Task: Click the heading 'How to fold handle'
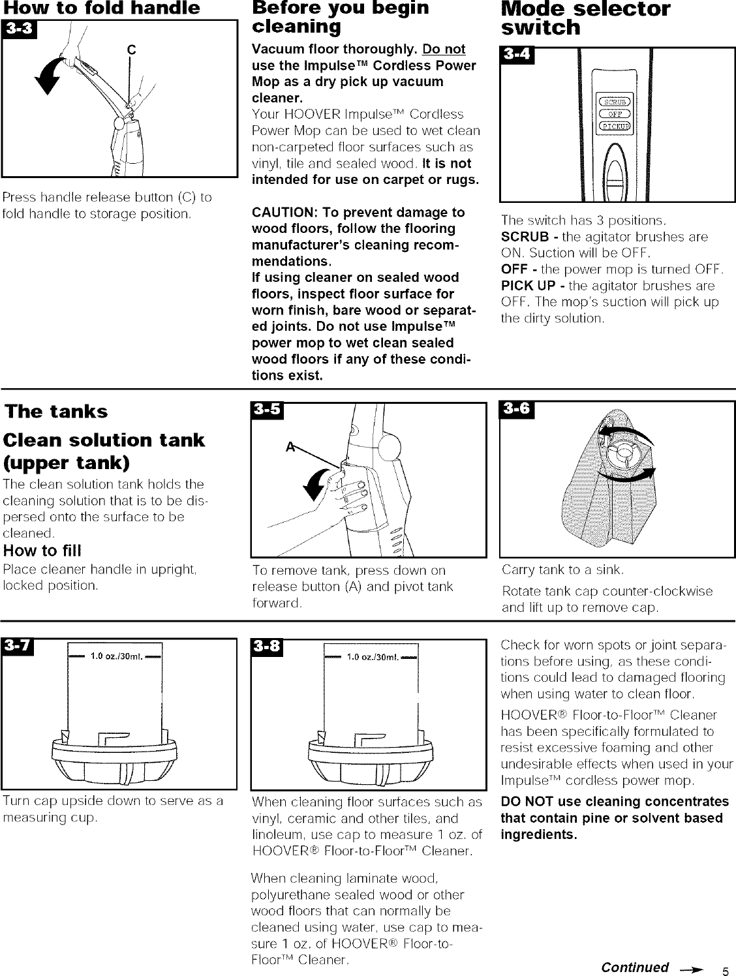pyautogui.click(x=101, y=8)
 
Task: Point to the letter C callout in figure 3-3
pyautogui.click(x=131, y=48)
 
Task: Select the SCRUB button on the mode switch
pyautogui.click(x=612, y=102)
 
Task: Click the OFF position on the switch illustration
pyautogui.click(x=612, y=114)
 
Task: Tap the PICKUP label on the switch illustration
pyautogui.click(x=612, y=125)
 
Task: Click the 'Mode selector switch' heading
pyautogui.click(x=585, y=18)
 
